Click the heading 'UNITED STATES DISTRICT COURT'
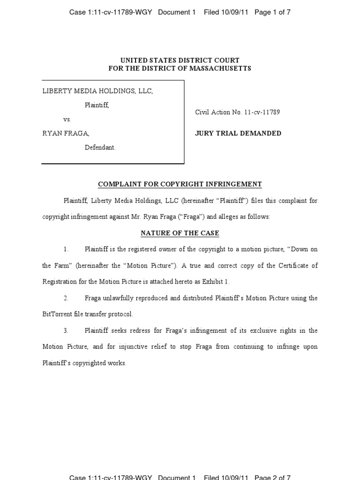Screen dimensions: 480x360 point(180,60)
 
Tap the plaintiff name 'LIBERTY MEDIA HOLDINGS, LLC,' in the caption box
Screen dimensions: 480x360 point(97,91)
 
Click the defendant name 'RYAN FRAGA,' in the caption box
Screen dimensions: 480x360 point(66,134)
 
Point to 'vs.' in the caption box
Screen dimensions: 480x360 point(67,120)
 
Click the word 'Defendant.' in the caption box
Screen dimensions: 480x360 point(100,148)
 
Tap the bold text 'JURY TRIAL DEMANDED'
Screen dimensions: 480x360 point(238,134)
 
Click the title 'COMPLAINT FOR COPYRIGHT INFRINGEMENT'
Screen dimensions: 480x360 point(180,185)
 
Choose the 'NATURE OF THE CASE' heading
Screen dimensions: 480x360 point(180,233)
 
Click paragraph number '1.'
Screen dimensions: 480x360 point(66,249)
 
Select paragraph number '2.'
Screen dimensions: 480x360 point(66,298)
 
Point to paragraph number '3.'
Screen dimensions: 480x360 point(66,330)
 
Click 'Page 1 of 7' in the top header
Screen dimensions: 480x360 point(272,13)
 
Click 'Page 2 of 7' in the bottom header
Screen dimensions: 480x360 point(272,477)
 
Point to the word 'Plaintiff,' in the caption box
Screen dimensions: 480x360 point(97,105)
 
